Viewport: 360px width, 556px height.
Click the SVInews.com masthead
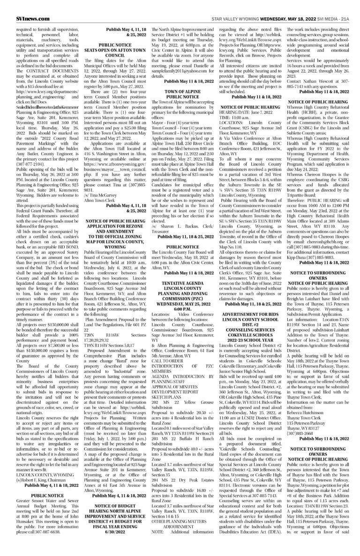[x=19, y=6]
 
